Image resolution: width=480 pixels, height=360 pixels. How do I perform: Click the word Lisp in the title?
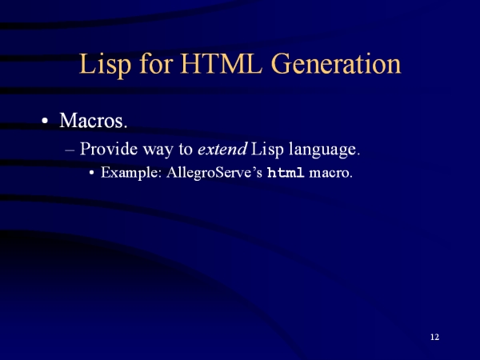[106, 65]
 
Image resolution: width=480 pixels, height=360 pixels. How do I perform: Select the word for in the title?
[156, 63]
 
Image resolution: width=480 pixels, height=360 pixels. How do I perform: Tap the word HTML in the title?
[222, 64]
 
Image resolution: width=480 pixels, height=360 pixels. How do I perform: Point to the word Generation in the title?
[336, 64]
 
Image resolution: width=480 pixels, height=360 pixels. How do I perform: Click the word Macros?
[94, 120]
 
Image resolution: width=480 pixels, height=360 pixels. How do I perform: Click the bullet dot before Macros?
[45, 121]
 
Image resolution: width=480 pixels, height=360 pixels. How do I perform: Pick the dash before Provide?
[70, 150]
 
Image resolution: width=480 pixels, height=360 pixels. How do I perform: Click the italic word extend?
[222, 149]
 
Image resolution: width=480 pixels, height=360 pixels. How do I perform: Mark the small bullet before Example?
[91, 173]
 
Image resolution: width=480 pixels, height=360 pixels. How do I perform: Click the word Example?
[131, 173]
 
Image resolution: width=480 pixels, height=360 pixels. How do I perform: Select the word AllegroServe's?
[214, 173]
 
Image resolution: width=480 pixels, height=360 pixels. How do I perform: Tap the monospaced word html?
[286, 173]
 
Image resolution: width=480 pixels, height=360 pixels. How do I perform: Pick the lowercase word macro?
[330, 174]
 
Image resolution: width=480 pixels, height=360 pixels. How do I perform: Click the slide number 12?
[434, 337]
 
